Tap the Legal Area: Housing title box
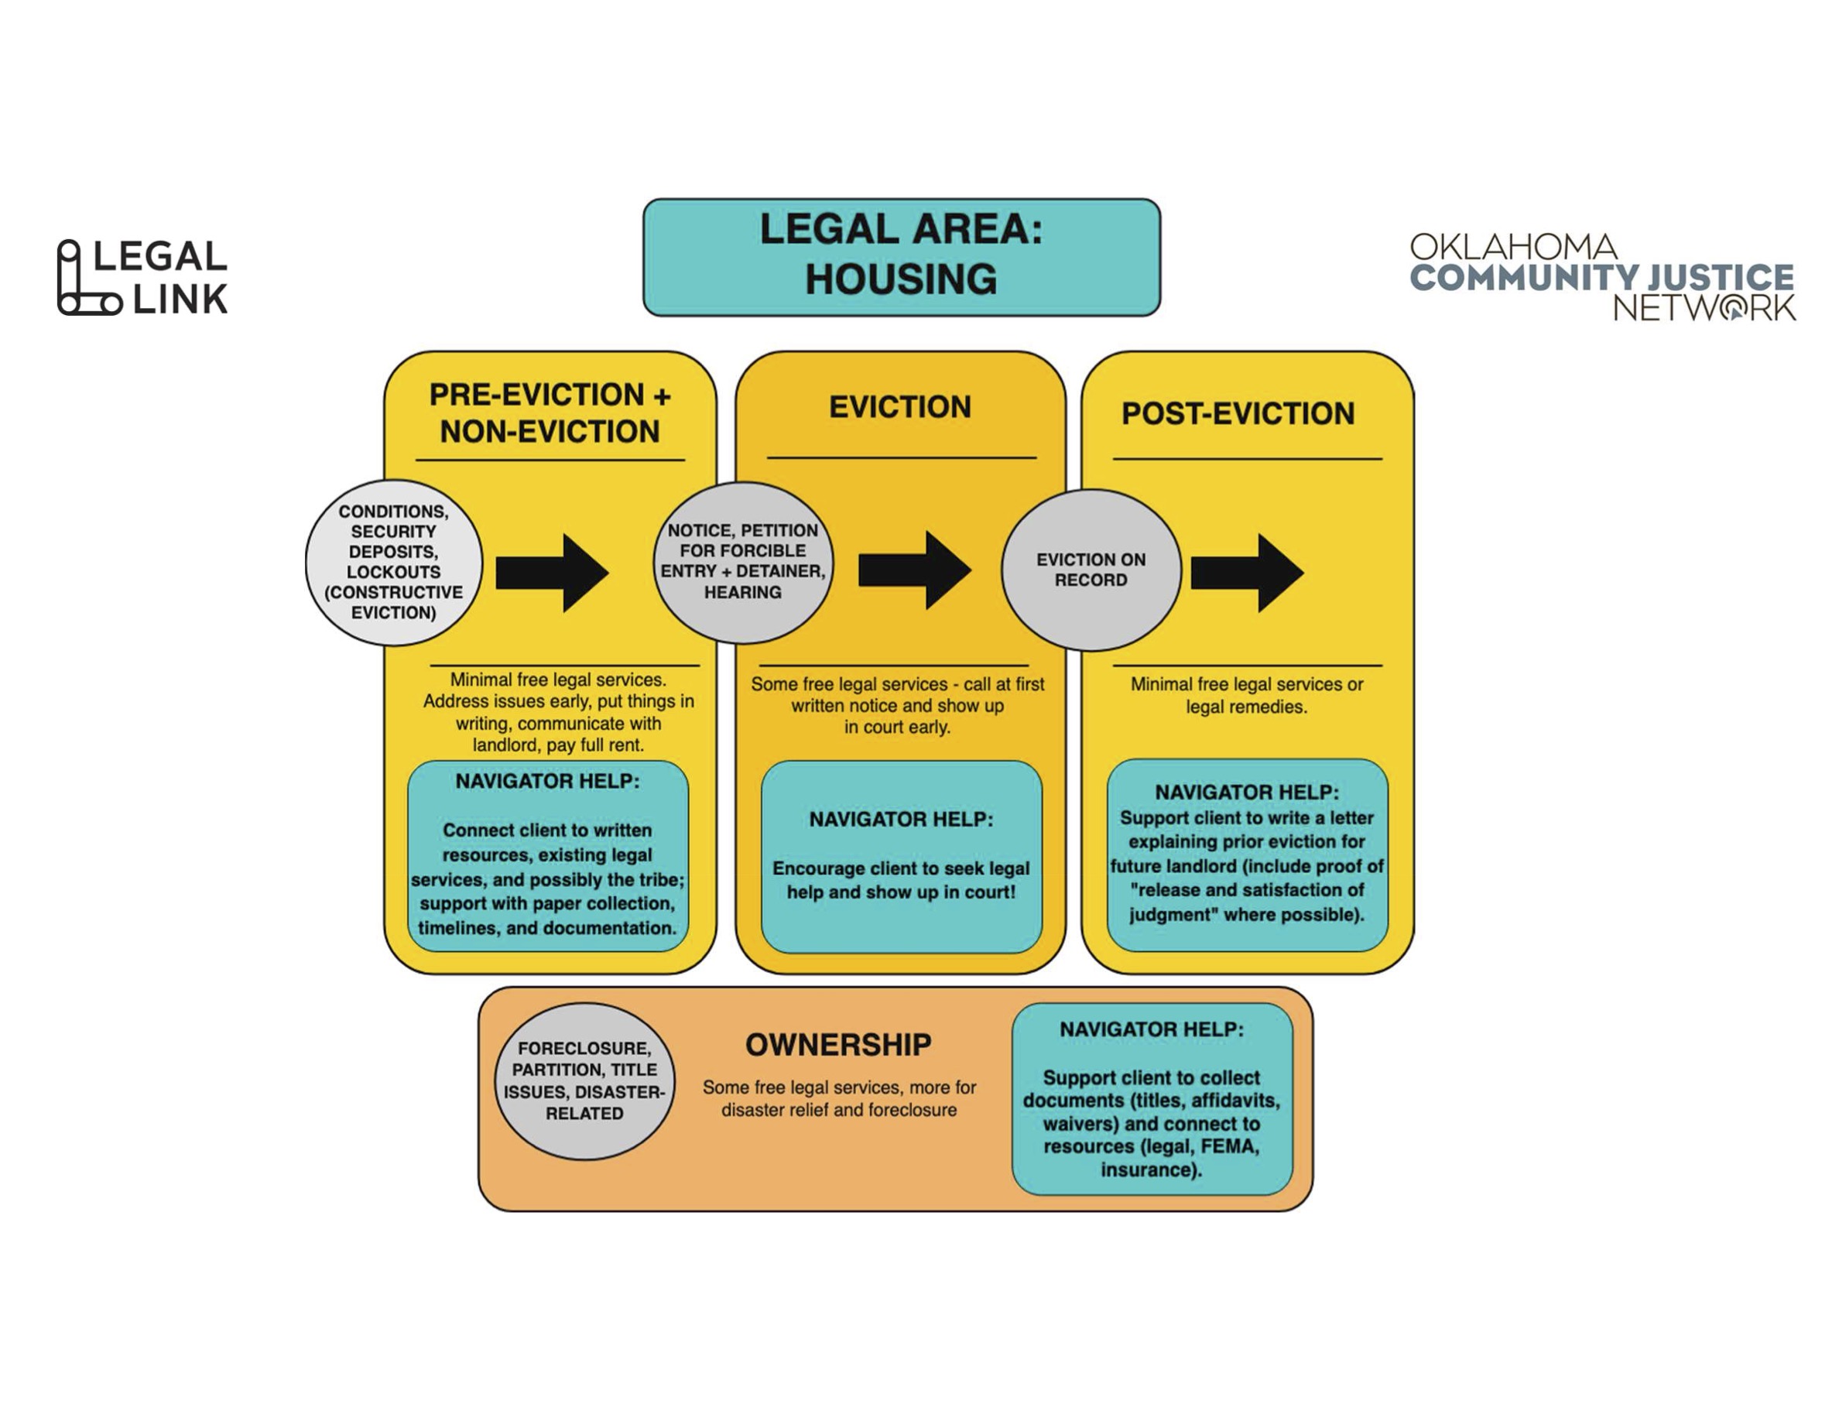coord(901,257)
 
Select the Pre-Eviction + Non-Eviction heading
coord(550,413)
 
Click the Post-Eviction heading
coord(1238,413)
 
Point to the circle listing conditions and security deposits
coord(393,563)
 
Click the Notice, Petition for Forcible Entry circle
coord(743,563)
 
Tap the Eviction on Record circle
coord(1091,570)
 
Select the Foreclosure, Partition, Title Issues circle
coord(584,1081)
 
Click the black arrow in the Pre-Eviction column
coord(552,573)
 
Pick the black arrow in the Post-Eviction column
coord(1247,573)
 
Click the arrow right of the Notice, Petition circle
coord(914,570)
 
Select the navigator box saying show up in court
coord(901,857)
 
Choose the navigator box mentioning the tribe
coord(547,856)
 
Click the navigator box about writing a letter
coord(1247,855)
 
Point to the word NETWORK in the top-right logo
coord(1704,308)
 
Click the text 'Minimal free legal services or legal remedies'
coord(1246,695)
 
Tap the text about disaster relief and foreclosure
coord(840,1098)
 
